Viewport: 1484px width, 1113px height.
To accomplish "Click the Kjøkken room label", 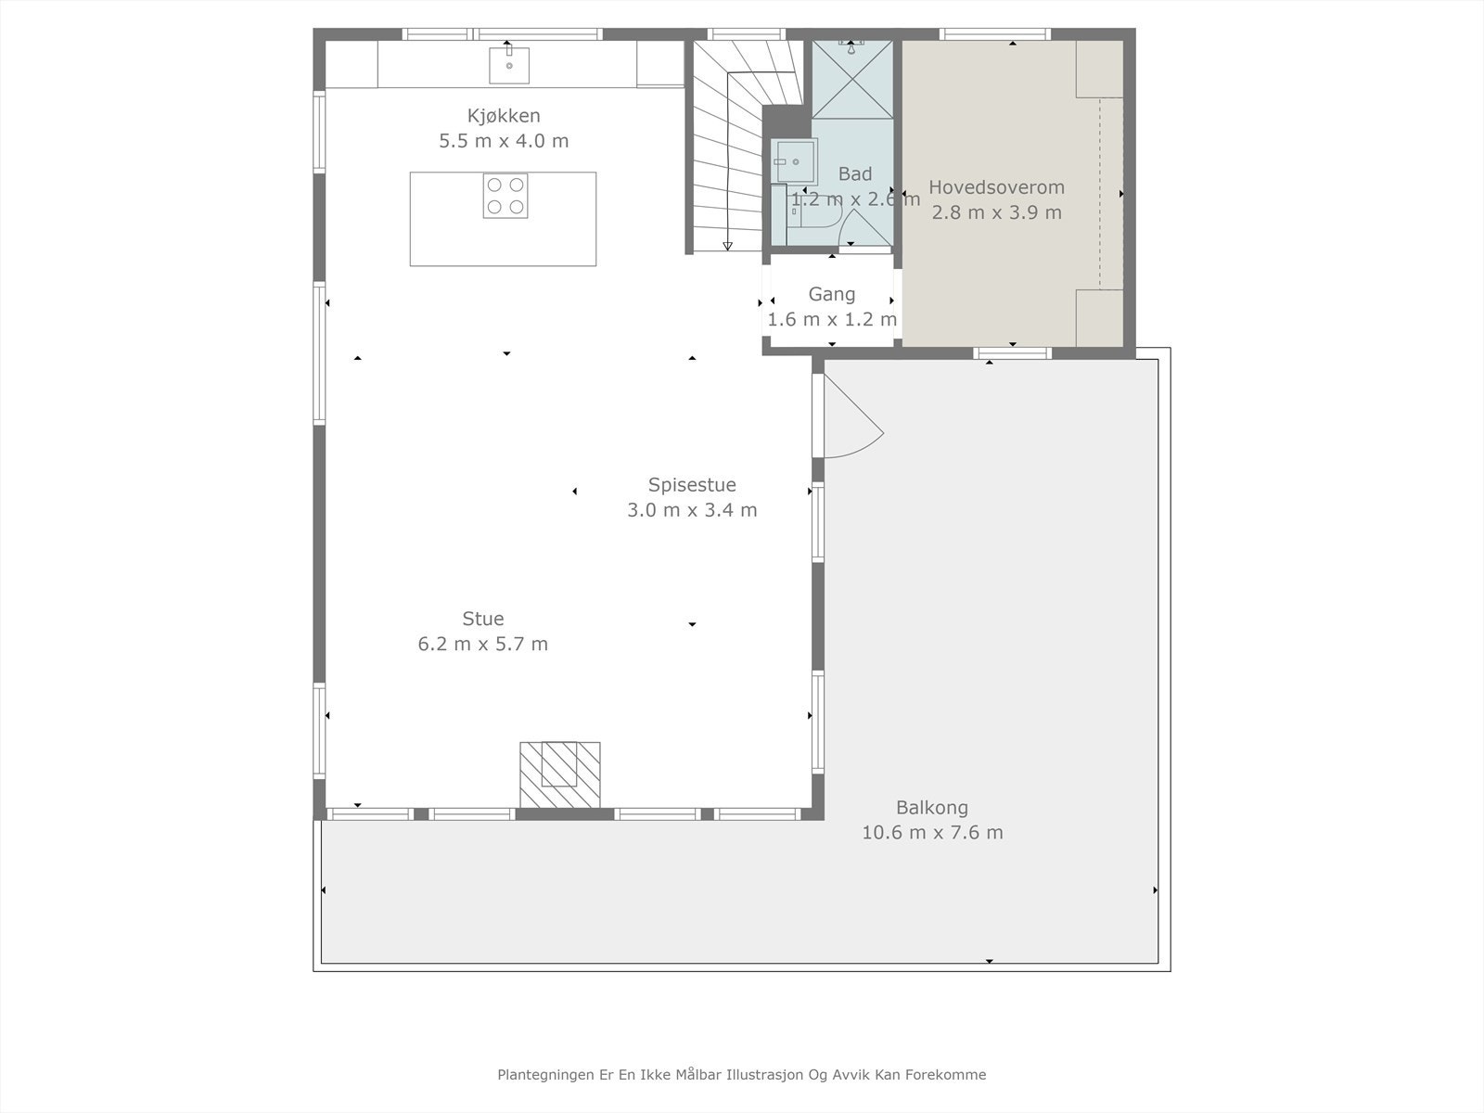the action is click(504, 116).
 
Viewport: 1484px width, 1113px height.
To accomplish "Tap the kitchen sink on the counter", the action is click(509, 65).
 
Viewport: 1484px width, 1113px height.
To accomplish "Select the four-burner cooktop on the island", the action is click(505, 196).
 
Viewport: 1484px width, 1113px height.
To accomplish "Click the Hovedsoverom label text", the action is click(996, 187).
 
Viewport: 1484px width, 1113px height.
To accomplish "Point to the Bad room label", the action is click(855, 173).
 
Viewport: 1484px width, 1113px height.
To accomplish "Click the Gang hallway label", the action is click(832, 295).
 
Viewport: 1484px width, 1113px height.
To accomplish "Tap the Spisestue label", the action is click(692, 484).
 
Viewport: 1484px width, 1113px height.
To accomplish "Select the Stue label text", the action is click(482, 619).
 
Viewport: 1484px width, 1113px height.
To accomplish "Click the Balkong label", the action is click(932, 808).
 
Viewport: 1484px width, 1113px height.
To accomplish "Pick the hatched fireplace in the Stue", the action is click(560, 774).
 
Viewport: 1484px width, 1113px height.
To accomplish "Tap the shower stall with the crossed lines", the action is click(852, 79).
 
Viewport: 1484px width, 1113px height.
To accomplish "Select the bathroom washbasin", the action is click(796, 161).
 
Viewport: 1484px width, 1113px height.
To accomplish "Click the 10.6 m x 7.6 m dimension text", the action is click(932, 833).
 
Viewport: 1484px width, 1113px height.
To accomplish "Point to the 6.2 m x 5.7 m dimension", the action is click(482, 644).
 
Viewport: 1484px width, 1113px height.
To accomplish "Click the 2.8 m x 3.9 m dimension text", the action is click(996, 213).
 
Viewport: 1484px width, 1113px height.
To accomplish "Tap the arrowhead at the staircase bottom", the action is click(727, 246).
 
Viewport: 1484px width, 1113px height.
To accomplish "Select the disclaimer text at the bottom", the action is click(742, 1074).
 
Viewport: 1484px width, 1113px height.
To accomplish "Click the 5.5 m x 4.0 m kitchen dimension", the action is click(504, 141).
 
